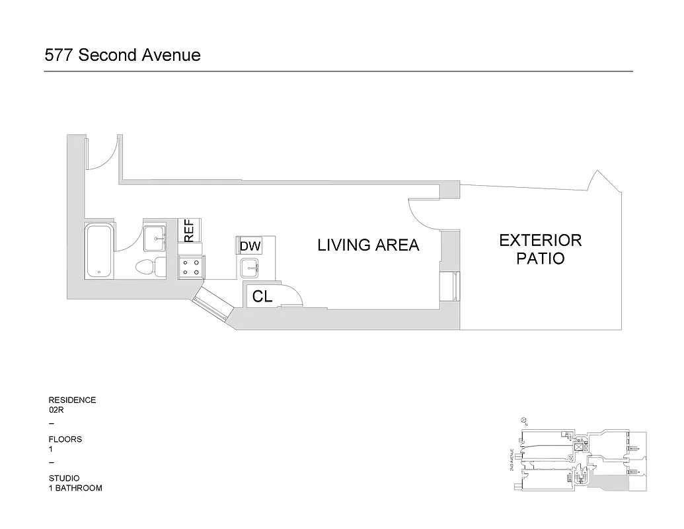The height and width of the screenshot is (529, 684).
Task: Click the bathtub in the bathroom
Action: pos(99,251)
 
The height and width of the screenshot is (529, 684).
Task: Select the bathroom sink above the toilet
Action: pos(155,235)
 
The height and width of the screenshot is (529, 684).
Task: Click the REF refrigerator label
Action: pos(189,229)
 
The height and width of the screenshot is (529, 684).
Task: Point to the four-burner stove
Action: pos(192,267)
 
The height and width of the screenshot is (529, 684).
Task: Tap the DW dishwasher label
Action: pos(250,246)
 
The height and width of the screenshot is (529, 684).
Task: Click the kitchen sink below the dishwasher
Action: pos(249,268)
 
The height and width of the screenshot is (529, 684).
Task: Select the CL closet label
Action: pos(262,297)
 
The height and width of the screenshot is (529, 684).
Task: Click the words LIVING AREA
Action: pos(368,245)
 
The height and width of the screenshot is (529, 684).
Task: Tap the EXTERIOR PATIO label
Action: pos(540,249)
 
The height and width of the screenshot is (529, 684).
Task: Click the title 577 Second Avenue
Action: pos(122,55)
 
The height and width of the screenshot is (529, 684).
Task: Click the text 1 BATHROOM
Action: pos(75,488)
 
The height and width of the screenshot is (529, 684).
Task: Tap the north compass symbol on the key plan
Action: pos(523,420)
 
